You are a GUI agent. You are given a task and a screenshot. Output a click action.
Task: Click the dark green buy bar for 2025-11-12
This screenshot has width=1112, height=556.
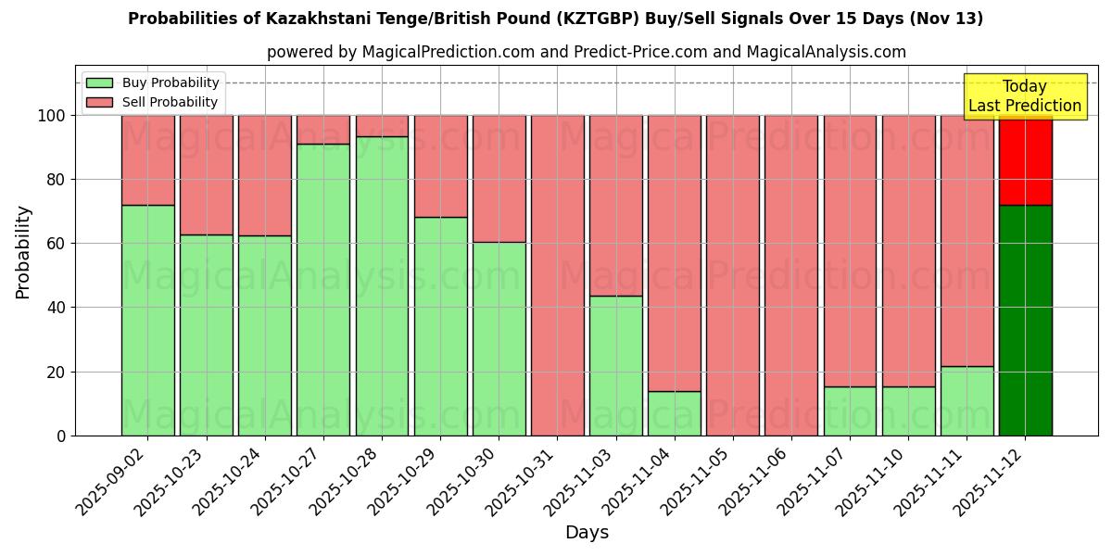click(x=1025, y=320)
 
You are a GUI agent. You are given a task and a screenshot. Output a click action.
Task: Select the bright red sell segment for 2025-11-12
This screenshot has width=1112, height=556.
click(x=1025, y=159)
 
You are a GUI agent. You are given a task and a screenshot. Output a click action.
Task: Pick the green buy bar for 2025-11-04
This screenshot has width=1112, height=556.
click(x=675, y=413)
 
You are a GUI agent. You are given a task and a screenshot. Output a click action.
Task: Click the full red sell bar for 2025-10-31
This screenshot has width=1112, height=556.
click(x=557, y=275)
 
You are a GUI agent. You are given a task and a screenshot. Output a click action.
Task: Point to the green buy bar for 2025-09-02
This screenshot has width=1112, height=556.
click(x=147, y=320)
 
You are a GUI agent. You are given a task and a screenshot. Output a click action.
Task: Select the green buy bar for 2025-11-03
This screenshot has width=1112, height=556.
click(x=615, y=365)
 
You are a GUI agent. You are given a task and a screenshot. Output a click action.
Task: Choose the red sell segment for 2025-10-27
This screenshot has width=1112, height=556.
click(x=323, y=129)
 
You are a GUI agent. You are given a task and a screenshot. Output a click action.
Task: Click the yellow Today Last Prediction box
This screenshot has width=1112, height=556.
click(x=1025, y=96)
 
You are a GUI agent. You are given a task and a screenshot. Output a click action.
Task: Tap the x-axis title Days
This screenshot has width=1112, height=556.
click(x=587, y=533)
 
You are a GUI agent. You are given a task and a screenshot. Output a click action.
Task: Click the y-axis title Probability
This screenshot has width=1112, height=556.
click(x=23, y=252)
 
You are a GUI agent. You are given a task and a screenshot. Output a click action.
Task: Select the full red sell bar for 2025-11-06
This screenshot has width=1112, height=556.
click(x=791, y=275)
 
